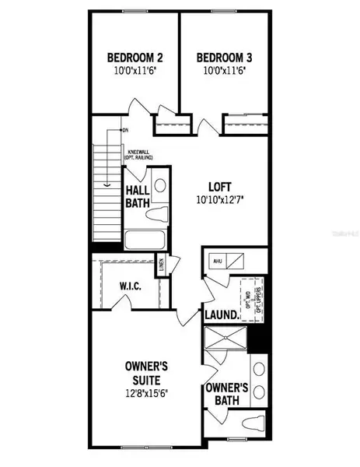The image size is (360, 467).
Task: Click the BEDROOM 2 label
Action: pos(134,57)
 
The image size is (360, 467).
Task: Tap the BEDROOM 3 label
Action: pos(224,57)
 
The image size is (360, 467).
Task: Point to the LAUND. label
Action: pos(220,316)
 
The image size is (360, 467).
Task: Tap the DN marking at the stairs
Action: pos(124,131)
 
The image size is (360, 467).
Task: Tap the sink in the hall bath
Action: pos(159,184)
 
